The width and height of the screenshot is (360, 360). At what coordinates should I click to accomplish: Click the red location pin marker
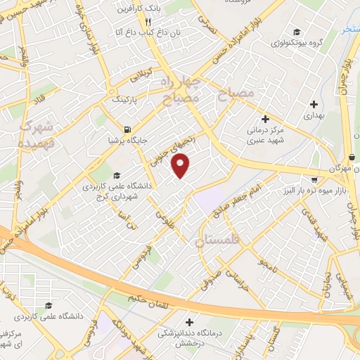(x=181, y=167)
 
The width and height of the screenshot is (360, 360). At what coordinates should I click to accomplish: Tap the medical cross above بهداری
(x=313, y=104)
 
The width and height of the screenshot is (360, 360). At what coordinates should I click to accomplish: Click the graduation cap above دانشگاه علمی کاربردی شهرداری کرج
(x=115, y=175)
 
